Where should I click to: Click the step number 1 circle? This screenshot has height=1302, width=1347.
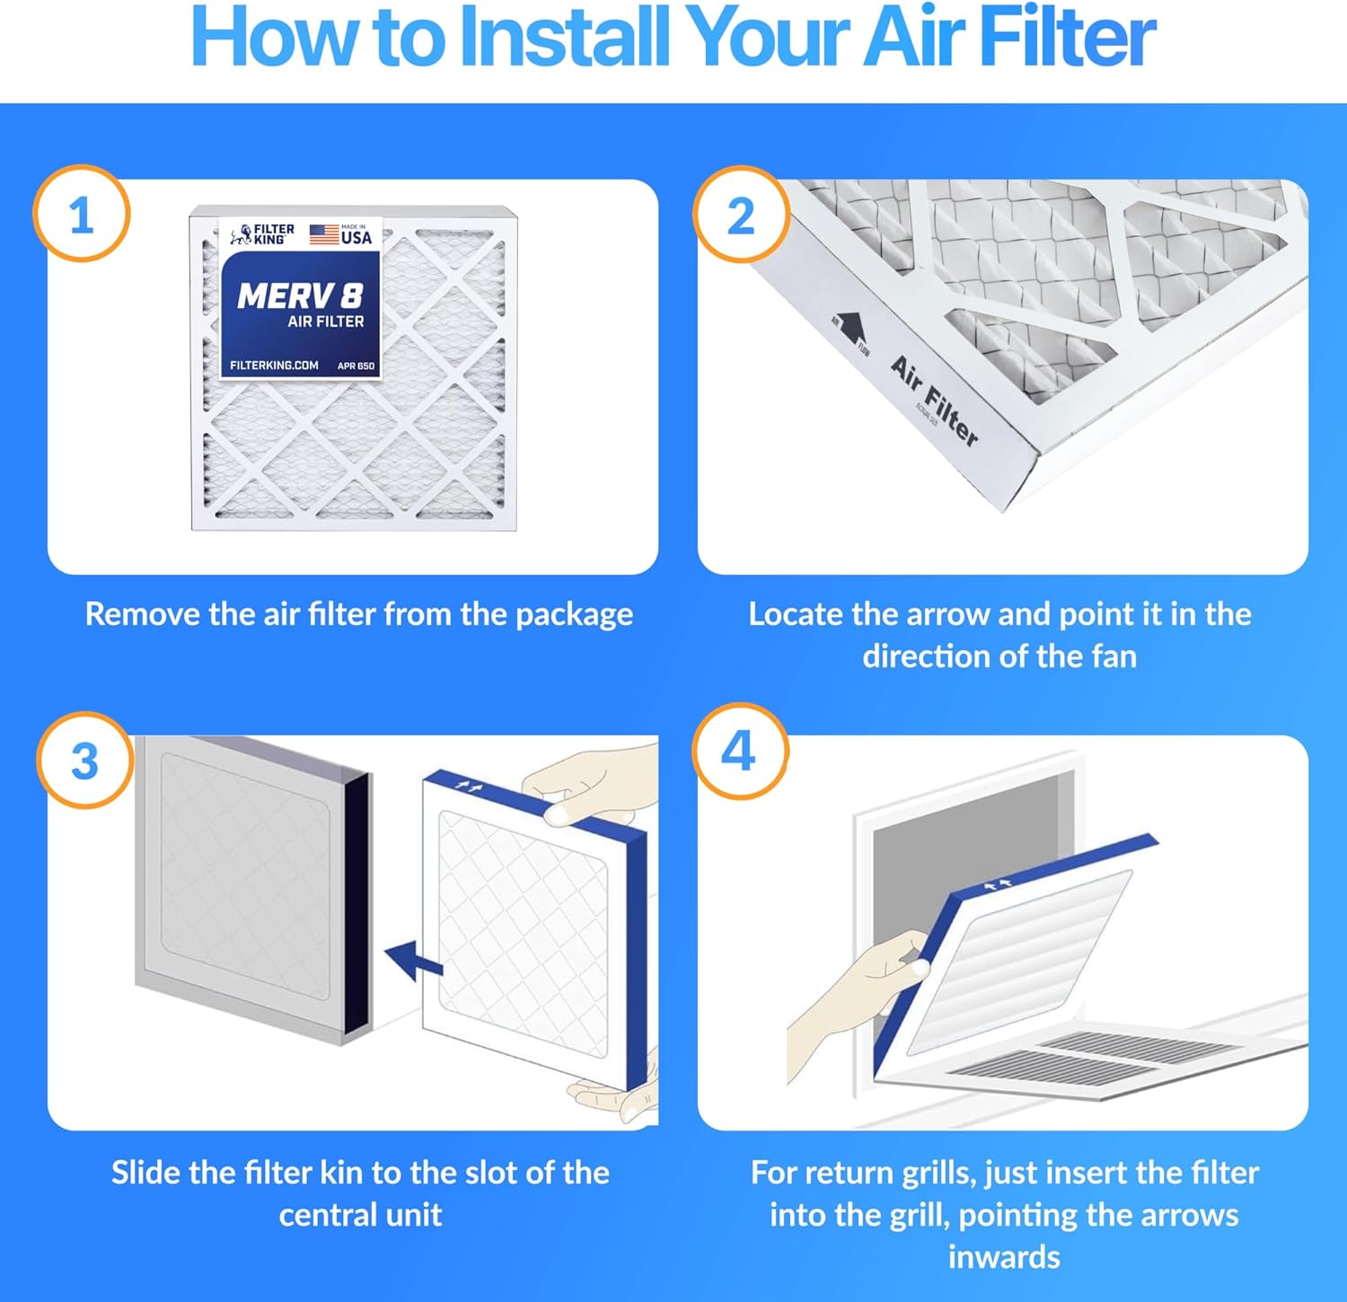coord(82,215)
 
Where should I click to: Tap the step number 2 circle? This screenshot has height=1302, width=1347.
coord(741,215)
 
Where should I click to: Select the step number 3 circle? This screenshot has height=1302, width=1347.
coord(84,761)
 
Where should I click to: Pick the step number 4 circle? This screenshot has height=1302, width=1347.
coord(739,751)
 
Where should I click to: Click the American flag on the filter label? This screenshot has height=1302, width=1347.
coord(324,234)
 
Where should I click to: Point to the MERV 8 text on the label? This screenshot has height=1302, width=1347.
coord(300,295)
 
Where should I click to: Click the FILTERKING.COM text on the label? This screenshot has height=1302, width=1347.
coord(274,365)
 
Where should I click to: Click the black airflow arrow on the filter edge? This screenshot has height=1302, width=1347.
coord(850,327)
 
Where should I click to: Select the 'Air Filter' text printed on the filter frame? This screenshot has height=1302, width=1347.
coord(934,400)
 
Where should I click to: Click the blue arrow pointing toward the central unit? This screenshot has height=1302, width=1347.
coord(414,960)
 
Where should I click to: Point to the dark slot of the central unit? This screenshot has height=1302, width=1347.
coord(357,898)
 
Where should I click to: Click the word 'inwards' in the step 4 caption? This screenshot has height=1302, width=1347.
coord(1004,1257)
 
